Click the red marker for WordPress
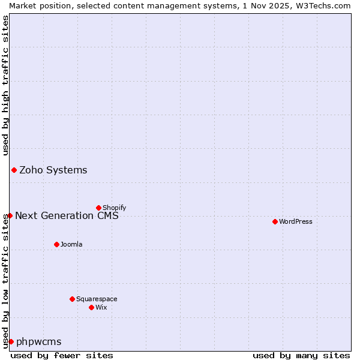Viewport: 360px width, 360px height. pyautogui.click(x=275, y=221)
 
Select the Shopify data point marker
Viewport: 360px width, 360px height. pyautogui.click(x=98, y=208)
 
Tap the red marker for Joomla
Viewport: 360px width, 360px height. pyautogui.click(x=56, y=244)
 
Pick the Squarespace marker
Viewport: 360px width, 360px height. pyautogui.click(x=72, y=299)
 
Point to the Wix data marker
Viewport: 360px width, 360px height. pyautogui.click(x=91, y=307)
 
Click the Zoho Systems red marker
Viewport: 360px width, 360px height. pyautogui.click(x=14, y=170)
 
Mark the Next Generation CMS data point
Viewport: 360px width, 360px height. pyautogui.click(x=10, y=215)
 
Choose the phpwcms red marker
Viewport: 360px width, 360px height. pyautogui.click(x=11, y=341)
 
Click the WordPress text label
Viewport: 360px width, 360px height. pyautogui.click(x=296, y=221)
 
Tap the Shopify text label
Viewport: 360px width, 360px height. pyautogui.click(x=114, y=208)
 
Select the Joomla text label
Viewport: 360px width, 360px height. pyautogui.click(x=71, y=244)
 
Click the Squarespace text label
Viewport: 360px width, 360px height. pyautogui.click(x=97, y=299)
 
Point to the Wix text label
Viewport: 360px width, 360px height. pyautogui.click(x=101, y=307)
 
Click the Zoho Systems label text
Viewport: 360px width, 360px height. pyautogui.click(x=53, y=170)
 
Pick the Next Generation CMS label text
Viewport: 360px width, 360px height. pyautogui.click(x=67, y=215)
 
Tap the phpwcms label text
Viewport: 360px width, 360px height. pyautogui.click(x=39, y=342)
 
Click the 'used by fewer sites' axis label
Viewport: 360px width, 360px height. pyautogui.click(x=62, y=355)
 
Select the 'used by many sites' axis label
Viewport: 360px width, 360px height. pyautogui.click(x=301, y=355)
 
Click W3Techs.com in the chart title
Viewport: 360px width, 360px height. pyautogui.click(x=322, y=5)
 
